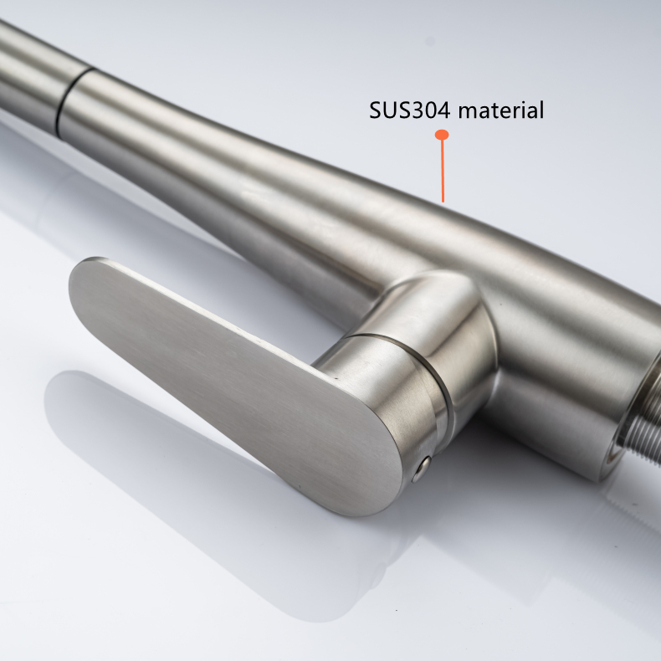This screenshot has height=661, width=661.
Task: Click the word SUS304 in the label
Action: click(409, 110)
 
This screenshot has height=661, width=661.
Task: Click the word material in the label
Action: click(501, 110)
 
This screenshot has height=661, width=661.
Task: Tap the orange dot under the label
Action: click(442, 135)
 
